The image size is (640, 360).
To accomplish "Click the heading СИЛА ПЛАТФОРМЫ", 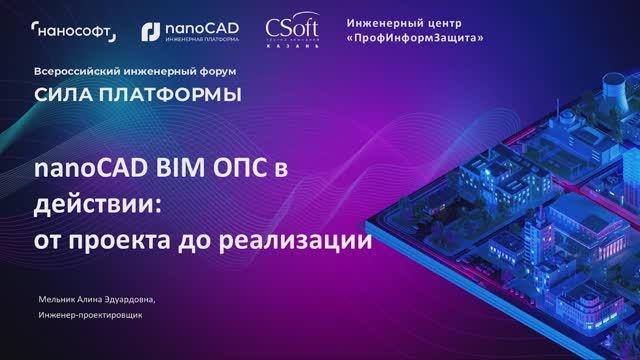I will (x=137, y=95).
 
